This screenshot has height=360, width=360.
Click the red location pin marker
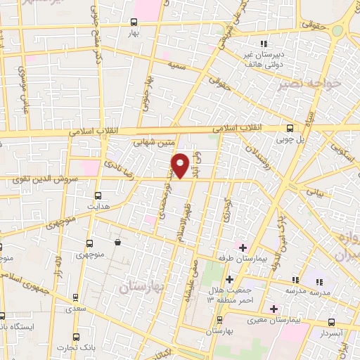click(181, 165)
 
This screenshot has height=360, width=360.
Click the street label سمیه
click(176, 65)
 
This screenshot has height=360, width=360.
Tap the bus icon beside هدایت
click(97, 195)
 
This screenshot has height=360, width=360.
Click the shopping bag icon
click(117, 243)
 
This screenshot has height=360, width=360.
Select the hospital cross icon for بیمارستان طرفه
click(243, 247)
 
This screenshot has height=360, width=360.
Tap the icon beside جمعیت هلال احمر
click(229, 279)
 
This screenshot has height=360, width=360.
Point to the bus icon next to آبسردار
click(330, 321)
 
